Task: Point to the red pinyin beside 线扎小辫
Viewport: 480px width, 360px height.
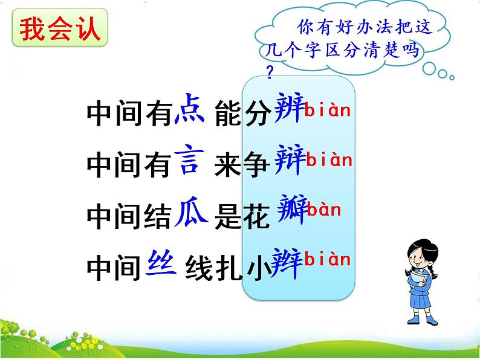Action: tap(327, 259)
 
